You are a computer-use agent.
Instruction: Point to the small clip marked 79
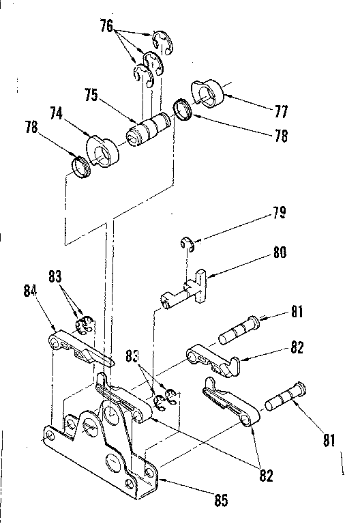coord(187,244)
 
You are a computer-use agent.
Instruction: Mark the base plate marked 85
coord(102,450)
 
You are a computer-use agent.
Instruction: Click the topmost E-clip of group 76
coord(164,42)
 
